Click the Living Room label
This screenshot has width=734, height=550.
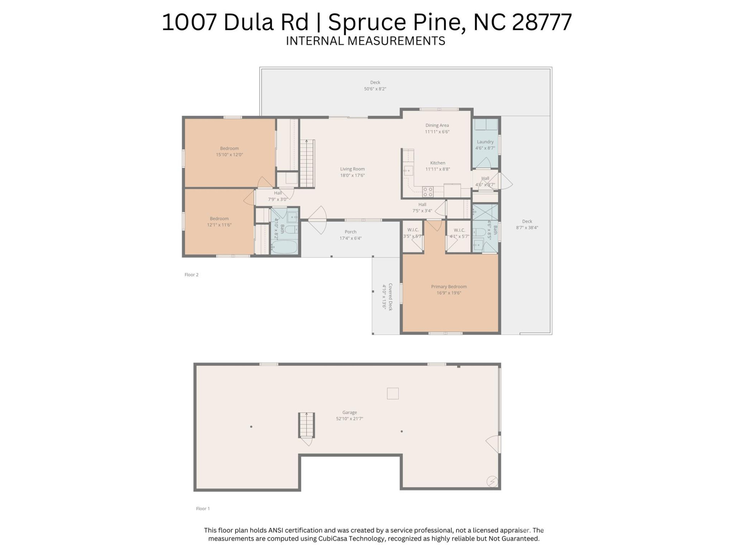(x=352, y=169)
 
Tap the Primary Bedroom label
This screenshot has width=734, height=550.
(x=449, y=286)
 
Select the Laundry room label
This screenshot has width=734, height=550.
(x=485, y=142)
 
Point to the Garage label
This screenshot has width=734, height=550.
(x=349, y=412)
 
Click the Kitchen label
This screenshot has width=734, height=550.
(x=438, y=163)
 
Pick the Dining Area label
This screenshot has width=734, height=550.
(x=437, y=125)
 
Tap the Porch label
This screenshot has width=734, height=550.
(x=350, y=232)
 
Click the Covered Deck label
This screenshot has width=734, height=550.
(x=390, y=297)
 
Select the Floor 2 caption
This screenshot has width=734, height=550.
(x=192, y=275)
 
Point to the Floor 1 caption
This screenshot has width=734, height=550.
(x=203, y=509)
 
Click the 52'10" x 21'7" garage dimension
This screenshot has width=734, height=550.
(x=349, y=419)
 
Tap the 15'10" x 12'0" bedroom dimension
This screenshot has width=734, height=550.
(x=229, y=155)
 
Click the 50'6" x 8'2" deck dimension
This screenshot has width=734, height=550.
(x=375, y=89)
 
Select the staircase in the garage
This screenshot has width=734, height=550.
(x=306, y=425)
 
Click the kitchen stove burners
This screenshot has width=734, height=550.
(x=428, y=192)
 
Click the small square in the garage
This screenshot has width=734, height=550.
(x=393, y=393)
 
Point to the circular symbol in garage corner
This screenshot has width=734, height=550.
(x=492, y=482)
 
